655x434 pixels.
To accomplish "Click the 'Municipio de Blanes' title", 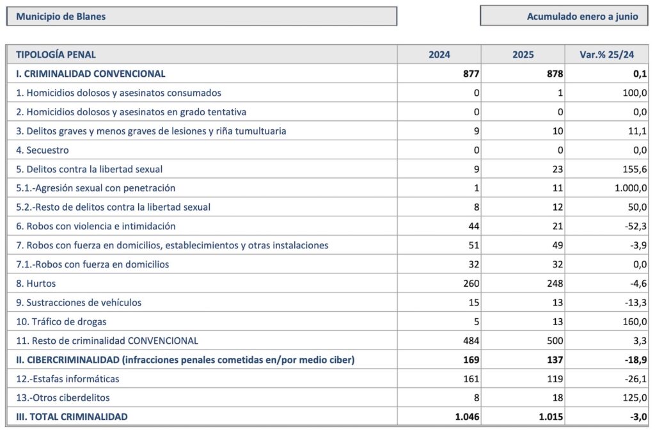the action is coord(61,17).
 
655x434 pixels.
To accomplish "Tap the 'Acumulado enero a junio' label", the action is coord(582,17).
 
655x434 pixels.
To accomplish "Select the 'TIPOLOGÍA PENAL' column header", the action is coord(56,55).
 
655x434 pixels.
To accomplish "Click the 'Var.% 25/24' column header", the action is coord(606,55).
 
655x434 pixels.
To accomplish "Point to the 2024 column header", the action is coord(439,55).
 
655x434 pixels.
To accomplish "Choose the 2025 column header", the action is coord(523,55).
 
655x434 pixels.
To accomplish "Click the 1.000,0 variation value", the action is coord(631,188).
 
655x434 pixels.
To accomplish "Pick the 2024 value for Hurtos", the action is coord(471,284).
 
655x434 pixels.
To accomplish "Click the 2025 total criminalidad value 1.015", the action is coord(551,417).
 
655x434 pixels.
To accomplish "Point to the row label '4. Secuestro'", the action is coord(42,150).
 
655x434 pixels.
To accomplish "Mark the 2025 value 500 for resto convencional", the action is coord(555,341).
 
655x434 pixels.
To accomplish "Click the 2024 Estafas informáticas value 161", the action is coord(471,379).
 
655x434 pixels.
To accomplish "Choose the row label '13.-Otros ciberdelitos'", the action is coord(63,398).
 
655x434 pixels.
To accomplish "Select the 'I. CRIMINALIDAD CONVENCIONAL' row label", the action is coord(91,74).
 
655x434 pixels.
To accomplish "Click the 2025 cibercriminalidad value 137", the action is coord(555,360).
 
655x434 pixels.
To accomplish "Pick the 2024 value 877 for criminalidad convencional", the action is coord(471,74).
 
